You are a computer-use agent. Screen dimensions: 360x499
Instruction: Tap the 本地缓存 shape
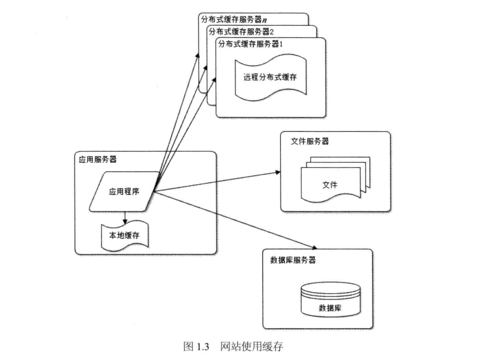124,235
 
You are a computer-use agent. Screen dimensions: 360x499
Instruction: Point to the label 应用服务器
98,160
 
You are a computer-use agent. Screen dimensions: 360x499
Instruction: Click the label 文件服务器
310,141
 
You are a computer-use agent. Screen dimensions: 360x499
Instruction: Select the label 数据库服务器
293,259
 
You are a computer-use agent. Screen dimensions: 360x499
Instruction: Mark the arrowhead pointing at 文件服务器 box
278,172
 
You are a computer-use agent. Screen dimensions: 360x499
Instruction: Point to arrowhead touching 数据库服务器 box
314,248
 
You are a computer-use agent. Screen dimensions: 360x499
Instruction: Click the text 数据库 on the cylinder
331,308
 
